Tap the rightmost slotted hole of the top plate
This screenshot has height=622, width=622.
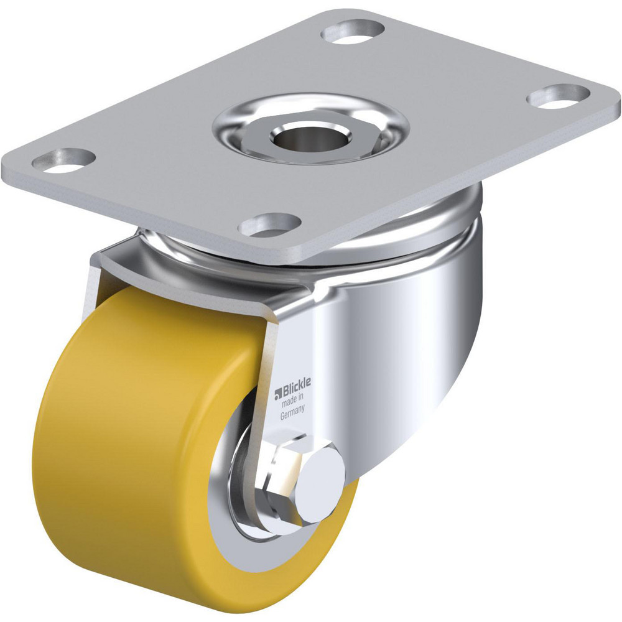(558, 95)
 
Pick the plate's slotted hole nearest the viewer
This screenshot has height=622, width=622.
(271, 225)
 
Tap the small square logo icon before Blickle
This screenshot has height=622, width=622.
(278, 392)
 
